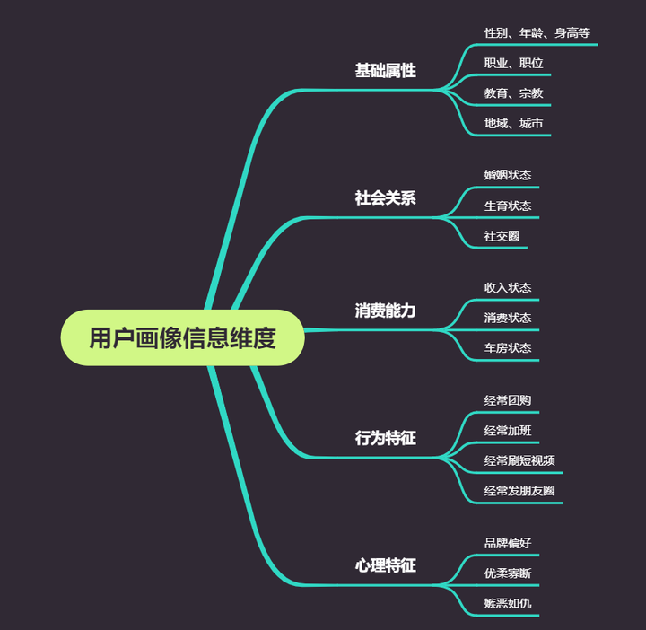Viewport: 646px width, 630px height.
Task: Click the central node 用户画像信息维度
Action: pos(182,338)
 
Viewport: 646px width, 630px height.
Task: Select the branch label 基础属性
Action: pos(385,70)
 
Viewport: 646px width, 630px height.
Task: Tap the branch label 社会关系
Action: pos(385,198)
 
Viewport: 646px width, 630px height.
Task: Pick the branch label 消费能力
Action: pos(385,311)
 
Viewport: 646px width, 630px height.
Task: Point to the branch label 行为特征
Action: pos(385,438)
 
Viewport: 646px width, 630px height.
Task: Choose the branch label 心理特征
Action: pos(385,565)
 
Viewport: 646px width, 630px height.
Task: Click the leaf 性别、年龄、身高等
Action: pos(537,33)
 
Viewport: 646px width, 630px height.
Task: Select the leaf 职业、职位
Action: pos(513,64)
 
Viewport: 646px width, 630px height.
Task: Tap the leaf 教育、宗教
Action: pos(513,93)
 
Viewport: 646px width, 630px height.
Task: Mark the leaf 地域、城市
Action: pos(513,124)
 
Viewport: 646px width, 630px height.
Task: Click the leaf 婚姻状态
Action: pos(508,175)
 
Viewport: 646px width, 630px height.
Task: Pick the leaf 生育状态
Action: pos(508,206)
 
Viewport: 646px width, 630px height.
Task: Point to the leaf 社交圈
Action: pos(502,236)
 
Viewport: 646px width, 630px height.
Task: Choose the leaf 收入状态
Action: pos(508,288)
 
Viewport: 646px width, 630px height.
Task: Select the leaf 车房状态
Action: pos(508,348)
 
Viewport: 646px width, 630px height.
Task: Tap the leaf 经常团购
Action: pos(508,400)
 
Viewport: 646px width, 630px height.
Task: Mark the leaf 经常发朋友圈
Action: pos(519,491)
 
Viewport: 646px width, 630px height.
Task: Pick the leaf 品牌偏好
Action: pos(508,543)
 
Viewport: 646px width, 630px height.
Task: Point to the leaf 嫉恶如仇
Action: pos(508,603)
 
